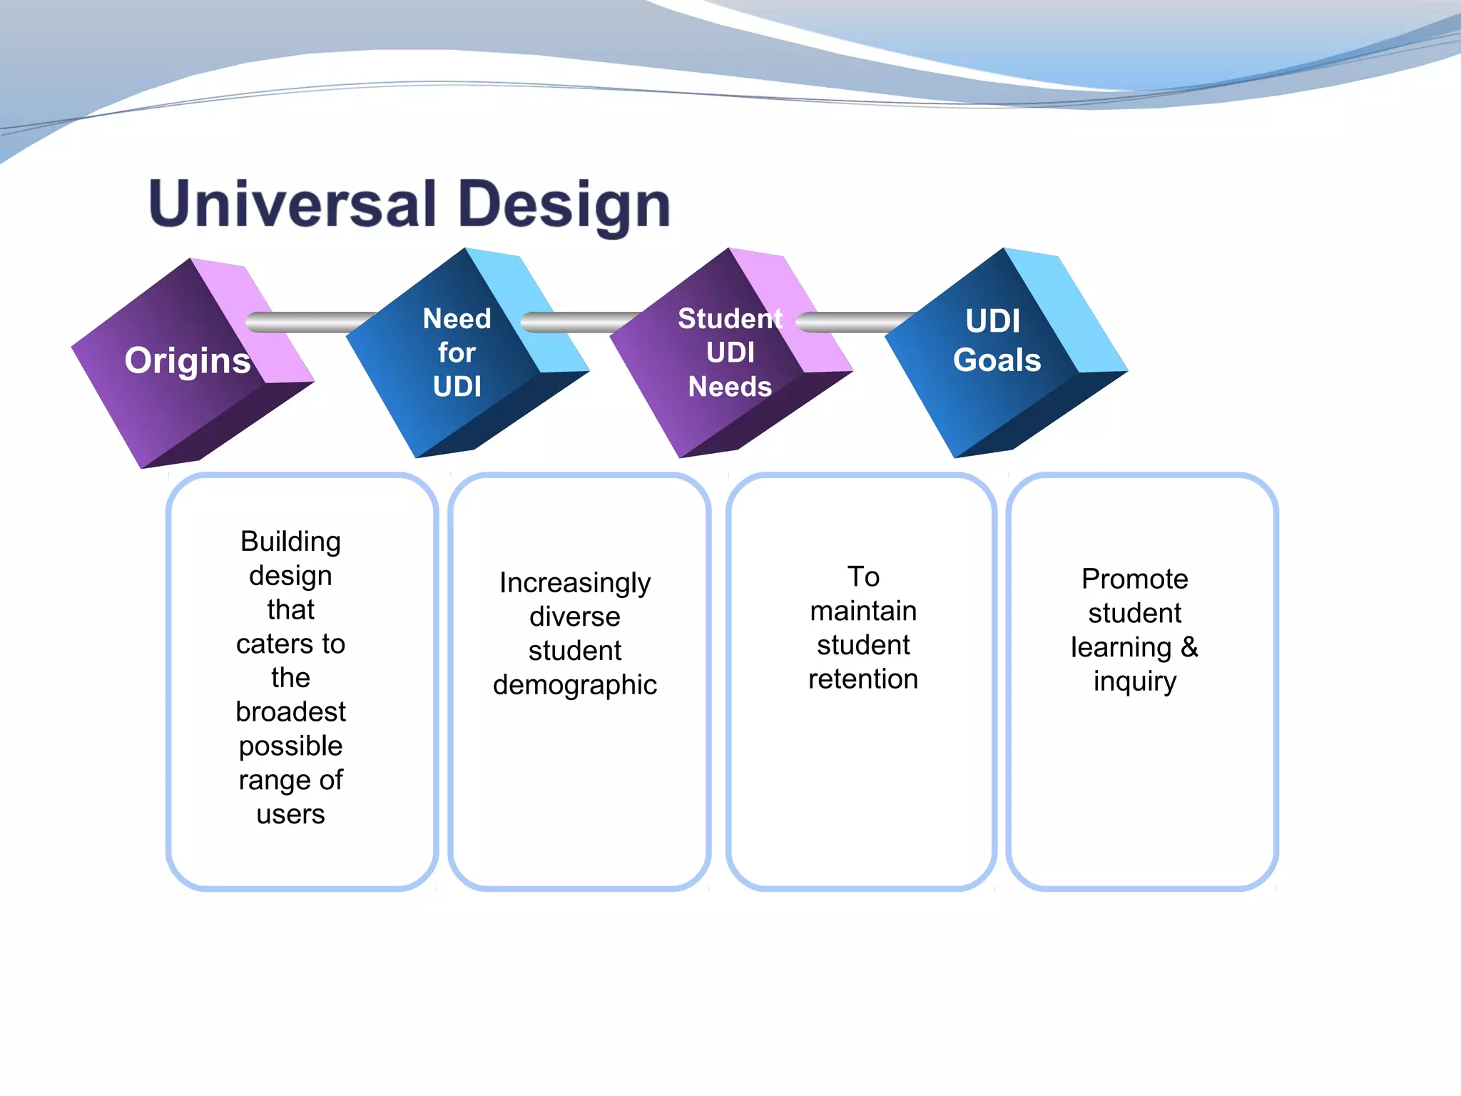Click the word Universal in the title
point(292,205)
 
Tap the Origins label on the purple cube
point(188,360)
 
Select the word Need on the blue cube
point(457,319)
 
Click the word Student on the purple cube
point(729,319)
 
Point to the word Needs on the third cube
point(729,387)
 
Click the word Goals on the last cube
point(997,360)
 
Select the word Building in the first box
point(290,542)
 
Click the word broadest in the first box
point(290,712)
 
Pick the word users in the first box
point(290,814)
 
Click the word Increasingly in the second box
point(574,583)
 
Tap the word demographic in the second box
point(574,685)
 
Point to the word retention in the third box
point(862,679)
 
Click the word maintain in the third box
point(862,612)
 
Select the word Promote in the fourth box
point(1134,579)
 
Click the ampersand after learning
point(1188,647)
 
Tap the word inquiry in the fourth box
point(1134,681)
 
